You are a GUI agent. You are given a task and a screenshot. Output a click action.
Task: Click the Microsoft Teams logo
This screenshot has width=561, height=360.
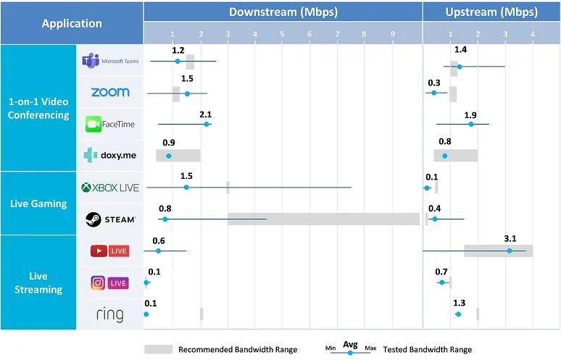[x=110, y=62]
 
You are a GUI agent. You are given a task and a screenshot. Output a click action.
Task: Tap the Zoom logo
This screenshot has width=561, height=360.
[x=110, y=93]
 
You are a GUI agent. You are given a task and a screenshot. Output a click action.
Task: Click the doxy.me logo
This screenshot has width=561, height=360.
[x=110, y=155]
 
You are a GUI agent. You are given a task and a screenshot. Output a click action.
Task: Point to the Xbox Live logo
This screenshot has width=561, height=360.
[x=110, y=188]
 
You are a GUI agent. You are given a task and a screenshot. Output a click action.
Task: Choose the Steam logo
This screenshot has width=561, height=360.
[x=110, y=219]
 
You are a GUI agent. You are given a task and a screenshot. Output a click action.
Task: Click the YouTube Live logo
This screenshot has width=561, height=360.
[x=109, y=251]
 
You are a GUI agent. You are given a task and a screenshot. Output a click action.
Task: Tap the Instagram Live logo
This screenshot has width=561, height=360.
[x=109, y=282]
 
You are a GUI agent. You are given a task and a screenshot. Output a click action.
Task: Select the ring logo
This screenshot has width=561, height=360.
[x=110, y=314]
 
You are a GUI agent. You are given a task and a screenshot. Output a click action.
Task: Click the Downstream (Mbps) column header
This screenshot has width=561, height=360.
[x=283, y=12]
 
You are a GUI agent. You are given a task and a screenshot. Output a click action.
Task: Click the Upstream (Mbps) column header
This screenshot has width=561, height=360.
[x=491, y=12]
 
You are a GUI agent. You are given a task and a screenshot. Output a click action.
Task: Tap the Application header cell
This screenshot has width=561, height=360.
[x=72, y=23]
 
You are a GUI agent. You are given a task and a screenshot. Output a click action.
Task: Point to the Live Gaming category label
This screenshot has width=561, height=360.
[x=39, y=204]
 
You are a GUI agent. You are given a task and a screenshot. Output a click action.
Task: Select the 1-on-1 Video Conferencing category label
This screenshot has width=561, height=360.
[x=39, y=108]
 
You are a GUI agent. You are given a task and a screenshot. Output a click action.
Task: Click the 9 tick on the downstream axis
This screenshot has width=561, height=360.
[x=393, y=34]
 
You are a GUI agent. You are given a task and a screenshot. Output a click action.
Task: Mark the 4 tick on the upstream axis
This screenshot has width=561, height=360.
[x=532, y=34]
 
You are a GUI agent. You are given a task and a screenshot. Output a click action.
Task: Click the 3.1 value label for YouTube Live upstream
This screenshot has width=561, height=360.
[x=510, y=238]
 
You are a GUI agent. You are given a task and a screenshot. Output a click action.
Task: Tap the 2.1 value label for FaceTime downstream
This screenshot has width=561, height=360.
[x=205, y=114]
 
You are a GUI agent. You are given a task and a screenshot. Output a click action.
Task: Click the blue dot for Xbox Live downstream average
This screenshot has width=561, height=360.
[x=186, y=188]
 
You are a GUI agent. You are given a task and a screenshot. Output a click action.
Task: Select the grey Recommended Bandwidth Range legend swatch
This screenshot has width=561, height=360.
[x=159, y=349]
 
